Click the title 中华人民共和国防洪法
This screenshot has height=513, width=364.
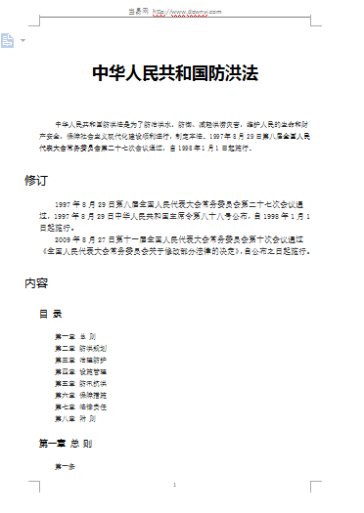[182, 74]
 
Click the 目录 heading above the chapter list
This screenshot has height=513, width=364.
[51, 314]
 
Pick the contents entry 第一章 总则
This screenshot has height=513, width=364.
[75, 336]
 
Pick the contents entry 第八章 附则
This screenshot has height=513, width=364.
[75, 418]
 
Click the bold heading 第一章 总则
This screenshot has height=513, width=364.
[66, 443]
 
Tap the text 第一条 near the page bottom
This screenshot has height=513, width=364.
[65, 466]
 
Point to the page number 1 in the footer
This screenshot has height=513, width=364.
[173, 486]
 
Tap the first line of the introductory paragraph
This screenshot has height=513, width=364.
[186, 125]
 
